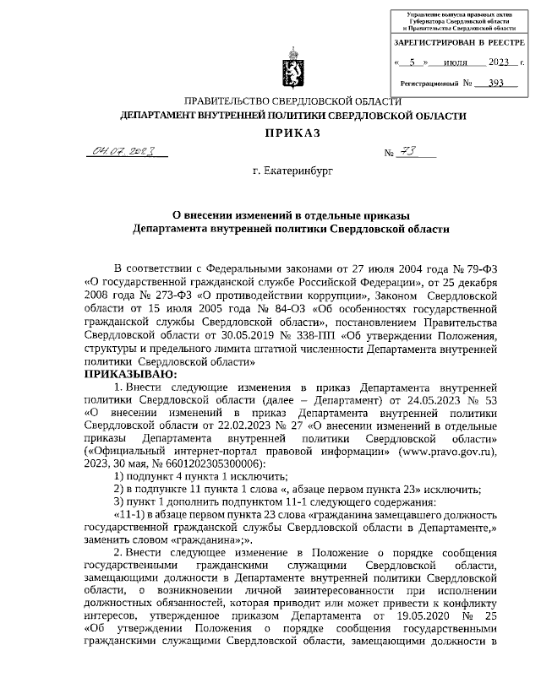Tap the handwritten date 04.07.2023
click(125, 151)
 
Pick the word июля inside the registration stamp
click(456, 62)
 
